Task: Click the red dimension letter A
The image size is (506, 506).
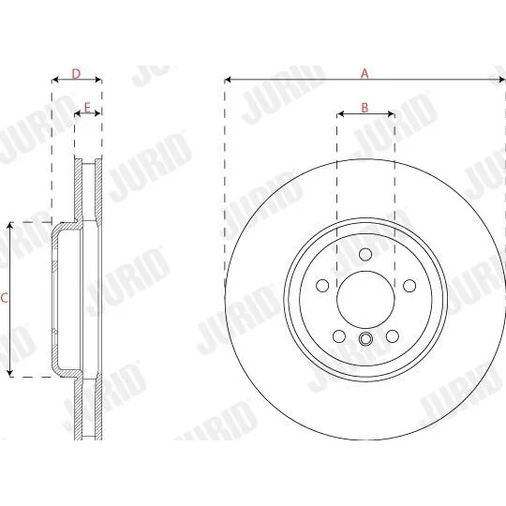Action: (x=365, y=74)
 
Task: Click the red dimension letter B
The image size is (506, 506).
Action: (x=365, y=108)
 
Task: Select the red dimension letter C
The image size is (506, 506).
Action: (x=4, y=298)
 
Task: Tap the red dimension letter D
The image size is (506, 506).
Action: (x=76, y=74)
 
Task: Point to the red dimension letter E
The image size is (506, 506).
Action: (x=87, y=108)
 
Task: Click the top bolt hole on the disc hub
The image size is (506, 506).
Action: (x=365, y=254)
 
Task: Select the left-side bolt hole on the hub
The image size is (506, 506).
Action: (x=322, y=286)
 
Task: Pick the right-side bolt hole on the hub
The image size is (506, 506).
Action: (x=409, y=286)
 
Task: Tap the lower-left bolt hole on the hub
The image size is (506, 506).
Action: (x=339, y=336)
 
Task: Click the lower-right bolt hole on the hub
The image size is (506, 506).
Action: (x=393, y=336)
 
